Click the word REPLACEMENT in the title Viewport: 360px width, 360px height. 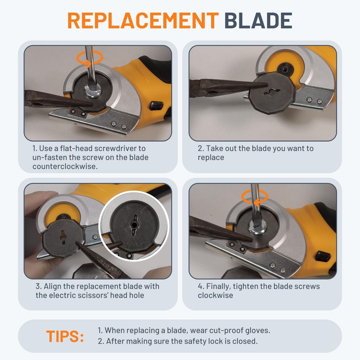(x=143, y=20)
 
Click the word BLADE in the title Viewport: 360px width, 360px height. (x=258, y=20)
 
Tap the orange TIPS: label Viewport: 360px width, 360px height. (x=65, y=337)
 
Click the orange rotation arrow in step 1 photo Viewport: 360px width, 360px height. (x=90, y=58)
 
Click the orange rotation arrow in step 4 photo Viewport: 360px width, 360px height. (x=254, y=196)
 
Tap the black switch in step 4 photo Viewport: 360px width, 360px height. (x=323, y=256)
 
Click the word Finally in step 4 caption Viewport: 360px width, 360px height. (x=220, y=286)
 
